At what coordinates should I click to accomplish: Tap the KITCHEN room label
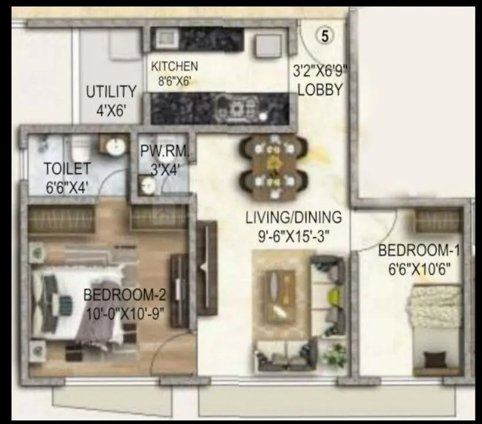coord(175,66)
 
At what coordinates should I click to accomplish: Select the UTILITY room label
coord(112,93)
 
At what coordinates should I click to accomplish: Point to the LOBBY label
coord(320,90)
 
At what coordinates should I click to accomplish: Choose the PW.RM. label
coord(165,152)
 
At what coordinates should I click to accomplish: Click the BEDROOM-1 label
coord(418,250)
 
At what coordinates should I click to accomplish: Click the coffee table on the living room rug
coord(280,296)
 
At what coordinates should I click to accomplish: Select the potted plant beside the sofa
coord(335,355)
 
